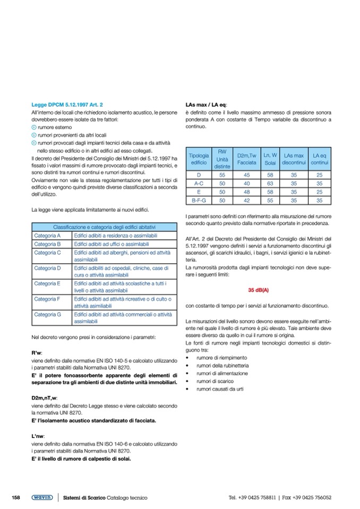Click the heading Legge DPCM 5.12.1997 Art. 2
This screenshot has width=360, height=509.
[x=67, y=105]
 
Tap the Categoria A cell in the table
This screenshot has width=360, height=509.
[x=48, y=236]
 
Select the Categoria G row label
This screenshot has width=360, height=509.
[x=48, y=314]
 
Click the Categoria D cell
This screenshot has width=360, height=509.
[x=48, y=268]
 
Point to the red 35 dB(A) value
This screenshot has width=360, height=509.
[x=259, y=290]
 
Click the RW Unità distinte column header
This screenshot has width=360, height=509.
[x=222, y=159]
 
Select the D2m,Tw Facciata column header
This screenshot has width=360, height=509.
[x=246, y=159]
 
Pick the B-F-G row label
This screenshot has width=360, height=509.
[x=198, y=201]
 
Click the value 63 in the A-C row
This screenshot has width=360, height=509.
[x=270, y=183]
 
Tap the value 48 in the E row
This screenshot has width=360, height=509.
[x=246, y=192]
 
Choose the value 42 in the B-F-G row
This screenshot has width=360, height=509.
[x=246, y=201]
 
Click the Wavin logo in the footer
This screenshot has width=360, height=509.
[x=41, y=497]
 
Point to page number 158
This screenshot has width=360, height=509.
[x=16, y=497]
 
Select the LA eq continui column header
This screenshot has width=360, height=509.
[x=319, y=159]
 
